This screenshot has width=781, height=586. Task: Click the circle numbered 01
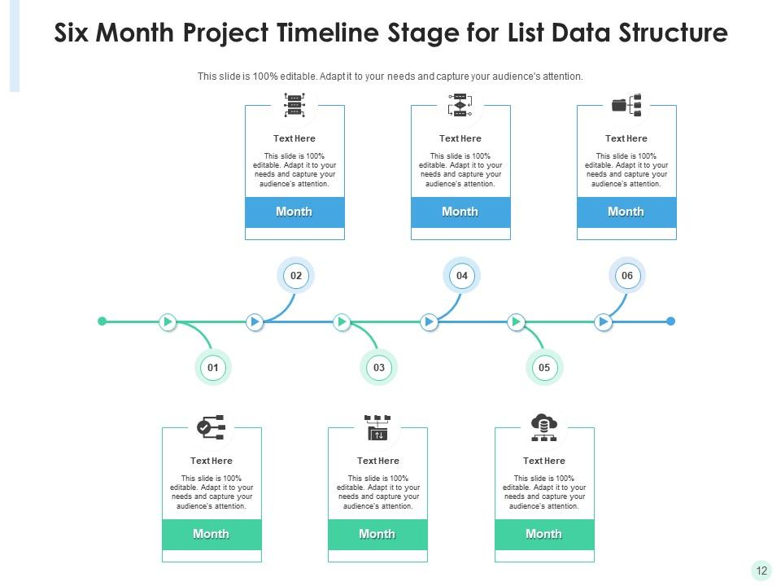[x=213, y=368]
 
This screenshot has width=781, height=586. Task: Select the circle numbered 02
[x=296, y=276]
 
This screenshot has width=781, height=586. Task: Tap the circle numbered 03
[x=379, y=368]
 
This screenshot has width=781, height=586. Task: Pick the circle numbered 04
[x=462, y=276]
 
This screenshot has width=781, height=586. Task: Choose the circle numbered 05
[x=544, y=368]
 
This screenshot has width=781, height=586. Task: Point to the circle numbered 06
[x=627, y=276]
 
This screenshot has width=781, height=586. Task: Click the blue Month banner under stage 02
[x=295, y=212]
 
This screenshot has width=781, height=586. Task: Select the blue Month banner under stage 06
[x=626, y=212]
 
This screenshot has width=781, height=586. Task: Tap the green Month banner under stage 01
[x=212, y=534]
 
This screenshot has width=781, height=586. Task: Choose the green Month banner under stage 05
[x=544, y=534]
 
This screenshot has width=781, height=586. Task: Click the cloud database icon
[x=543, y=426]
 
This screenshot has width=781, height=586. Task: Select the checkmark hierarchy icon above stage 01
[x=212, y=426]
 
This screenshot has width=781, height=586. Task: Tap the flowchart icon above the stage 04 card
[x=460, y=105]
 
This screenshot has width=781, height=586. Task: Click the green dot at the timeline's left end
[x=103, y=321]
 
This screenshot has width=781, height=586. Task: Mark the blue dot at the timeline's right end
[x=670, y=321]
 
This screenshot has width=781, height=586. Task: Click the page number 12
[x=761, y=571]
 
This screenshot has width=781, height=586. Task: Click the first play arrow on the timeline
[x=168, y=321]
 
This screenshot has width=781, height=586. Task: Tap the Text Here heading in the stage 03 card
[x=377, y=461]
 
